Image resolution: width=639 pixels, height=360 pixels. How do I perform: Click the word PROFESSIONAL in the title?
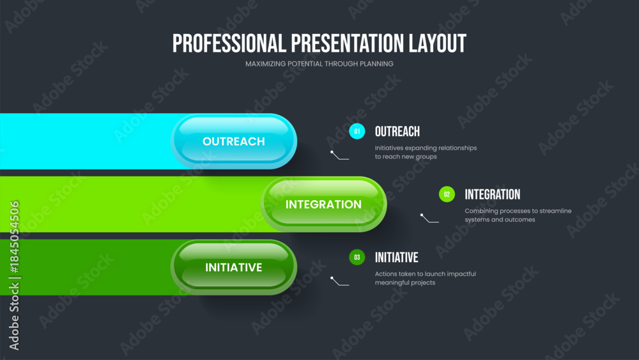pos(229,43)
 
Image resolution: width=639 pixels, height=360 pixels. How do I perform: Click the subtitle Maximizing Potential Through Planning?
pos(319,64)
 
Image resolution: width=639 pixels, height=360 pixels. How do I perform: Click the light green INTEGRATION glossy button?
pos(323,204)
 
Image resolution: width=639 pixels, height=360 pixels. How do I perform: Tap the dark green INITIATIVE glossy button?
pos(233,267)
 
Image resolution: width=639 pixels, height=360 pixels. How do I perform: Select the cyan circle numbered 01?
pos(357,131)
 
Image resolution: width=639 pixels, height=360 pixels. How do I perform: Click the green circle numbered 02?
pos(447,194)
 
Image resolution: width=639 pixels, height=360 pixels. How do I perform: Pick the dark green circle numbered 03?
pos(357,257)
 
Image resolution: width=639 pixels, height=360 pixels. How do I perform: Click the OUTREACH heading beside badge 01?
pos(397,132)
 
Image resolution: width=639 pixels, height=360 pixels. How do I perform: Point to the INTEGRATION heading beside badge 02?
pos(492,194)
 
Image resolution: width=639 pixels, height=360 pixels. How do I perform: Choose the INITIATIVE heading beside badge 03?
pos(397,258)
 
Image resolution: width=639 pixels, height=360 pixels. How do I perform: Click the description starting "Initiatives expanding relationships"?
pos(426,152)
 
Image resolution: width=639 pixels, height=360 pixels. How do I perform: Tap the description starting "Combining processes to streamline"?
pos(518,215)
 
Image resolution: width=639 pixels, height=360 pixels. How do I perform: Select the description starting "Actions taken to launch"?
pos(426,278)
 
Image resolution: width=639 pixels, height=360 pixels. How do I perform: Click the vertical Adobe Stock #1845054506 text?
pos(14,276)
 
